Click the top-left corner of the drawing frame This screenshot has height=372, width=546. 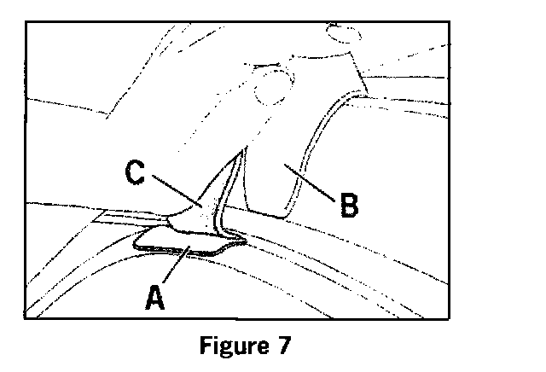click(x=26, y=21)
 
